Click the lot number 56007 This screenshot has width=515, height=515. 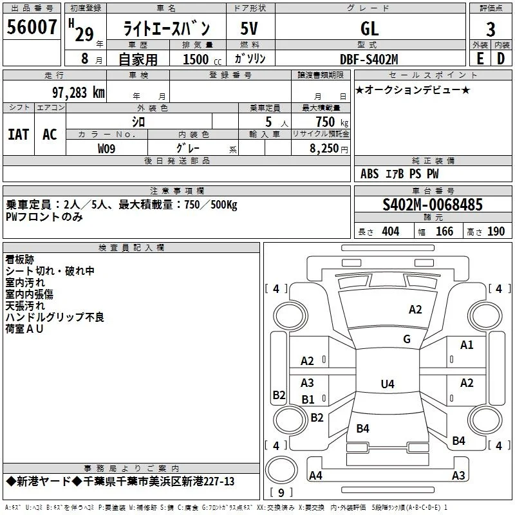click(32, 27)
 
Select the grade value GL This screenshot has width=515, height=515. click(370, 28)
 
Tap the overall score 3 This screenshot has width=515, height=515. click(491, 30)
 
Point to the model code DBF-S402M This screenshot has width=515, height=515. click(369, 59)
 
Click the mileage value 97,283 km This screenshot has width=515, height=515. click(79, 93)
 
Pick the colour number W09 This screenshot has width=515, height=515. click(106, 149)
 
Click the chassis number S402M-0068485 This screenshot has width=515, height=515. click(433, 205)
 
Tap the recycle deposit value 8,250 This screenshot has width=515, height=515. click(324, 149)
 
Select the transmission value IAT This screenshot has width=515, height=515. click(19, 135)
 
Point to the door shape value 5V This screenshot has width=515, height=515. click(249, 28)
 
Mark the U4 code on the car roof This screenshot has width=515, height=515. click(388, 384)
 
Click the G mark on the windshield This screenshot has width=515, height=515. click(407, 339)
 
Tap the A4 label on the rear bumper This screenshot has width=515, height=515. click(315, 475)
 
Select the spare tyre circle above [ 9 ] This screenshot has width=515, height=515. click(281, 470)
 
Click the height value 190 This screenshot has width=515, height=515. click(496, 232)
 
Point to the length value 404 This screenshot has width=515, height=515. click(391, 232)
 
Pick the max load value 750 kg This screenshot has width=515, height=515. click(332, 122)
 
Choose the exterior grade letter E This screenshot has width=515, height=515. click(480, 59)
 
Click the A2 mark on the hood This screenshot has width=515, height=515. click(415, 310)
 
